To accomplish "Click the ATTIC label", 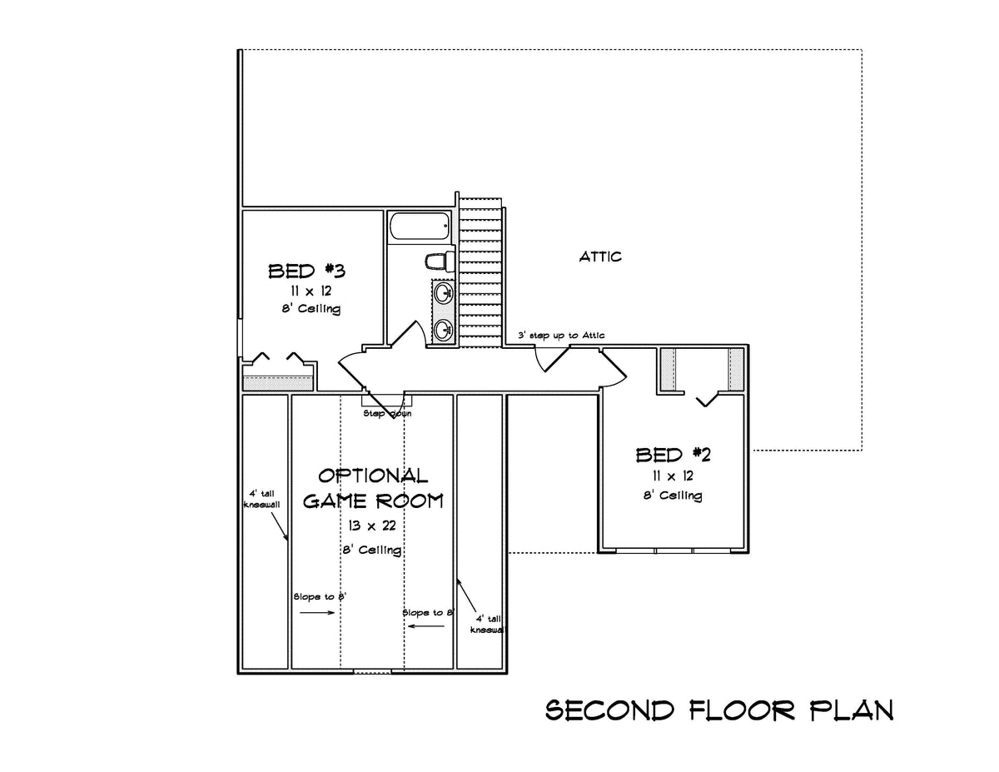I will click(600, 257).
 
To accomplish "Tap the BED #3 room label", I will click(306, 271).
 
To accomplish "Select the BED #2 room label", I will click(673, 455).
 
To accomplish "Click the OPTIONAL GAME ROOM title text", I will click(372, 488).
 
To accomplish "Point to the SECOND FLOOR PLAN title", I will click(718, 710).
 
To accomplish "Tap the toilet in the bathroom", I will click(438, 261).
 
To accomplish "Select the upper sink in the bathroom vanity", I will click(444, 293).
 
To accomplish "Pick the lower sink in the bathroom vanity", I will click(444, 330).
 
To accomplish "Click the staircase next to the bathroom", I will click(482, 275).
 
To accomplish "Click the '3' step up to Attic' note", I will click(561, 336).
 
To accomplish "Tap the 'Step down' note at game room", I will click(386, 413).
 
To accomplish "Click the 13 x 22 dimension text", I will click(372, 527).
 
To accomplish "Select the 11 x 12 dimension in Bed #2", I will click(673, 476).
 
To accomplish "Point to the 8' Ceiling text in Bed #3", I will click(311, 309).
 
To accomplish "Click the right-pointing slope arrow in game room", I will click(317, 613).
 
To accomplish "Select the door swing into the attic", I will click(551, 358).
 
